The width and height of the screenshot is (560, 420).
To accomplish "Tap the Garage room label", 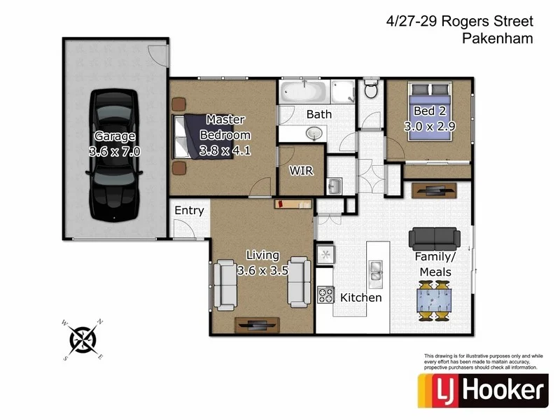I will click(x=115, y=136).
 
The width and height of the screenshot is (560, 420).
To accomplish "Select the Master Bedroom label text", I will click(x=225, y=128).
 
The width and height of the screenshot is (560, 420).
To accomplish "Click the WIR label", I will click(x=301, y=170).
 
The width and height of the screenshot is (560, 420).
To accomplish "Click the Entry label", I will click(x=189, y=211).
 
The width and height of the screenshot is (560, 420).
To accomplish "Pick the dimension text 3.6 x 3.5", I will click(x=262, y=271).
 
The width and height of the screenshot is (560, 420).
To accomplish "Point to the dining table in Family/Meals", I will click(x=434, y=299).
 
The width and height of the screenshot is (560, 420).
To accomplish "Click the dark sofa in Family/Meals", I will click(x=434, y=239).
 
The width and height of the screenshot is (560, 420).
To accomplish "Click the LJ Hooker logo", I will click(x=483, y=390).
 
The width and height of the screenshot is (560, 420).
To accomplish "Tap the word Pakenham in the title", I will click(x=498, y=39).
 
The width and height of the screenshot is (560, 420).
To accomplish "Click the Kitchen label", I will click(x=361, y=297).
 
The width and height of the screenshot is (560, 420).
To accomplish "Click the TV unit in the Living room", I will click(x=257, y=324).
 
